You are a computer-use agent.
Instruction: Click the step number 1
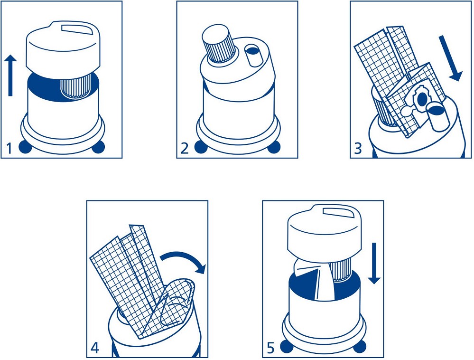pos(9,148)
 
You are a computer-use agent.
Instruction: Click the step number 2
pos(185,148)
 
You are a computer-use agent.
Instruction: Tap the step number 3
pos(358,149)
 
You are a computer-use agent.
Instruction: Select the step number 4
pos(94,348)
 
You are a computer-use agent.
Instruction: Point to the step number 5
pos(270,348)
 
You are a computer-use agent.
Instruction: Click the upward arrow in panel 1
pos(10,76)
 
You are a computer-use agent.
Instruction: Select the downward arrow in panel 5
pos(374,263)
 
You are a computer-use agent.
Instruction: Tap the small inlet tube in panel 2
pos(253,55)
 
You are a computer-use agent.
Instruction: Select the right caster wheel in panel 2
pos(274,147)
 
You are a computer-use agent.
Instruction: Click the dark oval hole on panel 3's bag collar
pos(421,98)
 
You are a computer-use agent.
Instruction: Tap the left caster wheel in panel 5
pos(287,346)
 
